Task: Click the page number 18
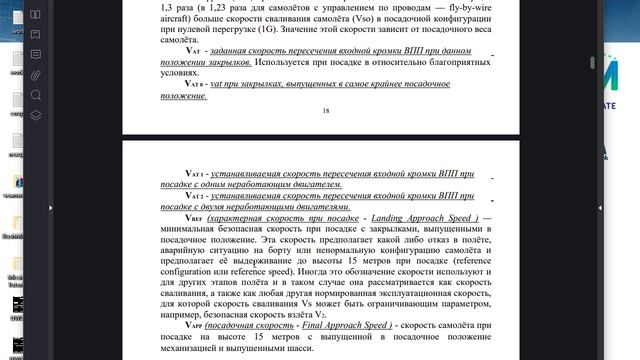(x=326, y=111)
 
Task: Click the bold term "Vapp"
(x=193, y=326)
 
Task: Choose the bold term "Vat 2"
(x=189, y=197)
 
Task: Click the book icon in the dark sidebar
(x=36, y=15)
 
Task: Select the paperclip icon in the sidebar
(x=36, y=75)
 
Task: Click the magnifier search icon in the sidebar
(x=36, y=95)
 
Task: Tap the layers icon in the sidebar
(x=36, y=114)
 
